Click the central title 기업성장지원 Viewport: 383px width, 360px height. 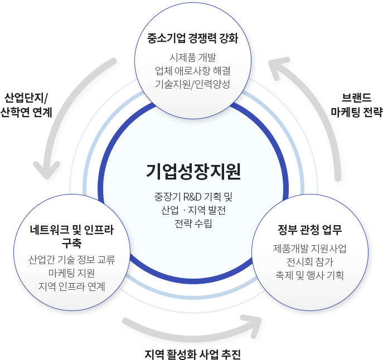[x=193, y=172]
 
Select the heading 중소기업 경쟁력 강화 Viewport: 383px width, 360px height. [x=193, y=38]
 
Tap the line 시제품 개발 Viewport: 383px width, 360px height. [x=193, y=57]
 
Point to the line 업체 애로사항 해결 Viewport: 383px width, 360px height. [x=193, y=71]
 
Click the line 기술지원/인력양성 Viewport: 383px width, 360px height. [x=193, y=84]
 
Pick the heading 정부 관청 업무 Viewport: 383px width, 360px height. [x=310, y=230]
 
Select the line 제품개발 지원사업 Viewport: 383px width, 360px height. [x=310, y=249]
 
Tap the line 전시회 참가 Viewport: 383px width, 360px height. [x=310, y=262]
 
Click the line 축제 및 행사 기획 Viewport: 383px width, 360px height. [x=310, y=275]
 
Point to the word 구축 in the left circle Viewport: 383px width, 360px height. [x=71, y=243]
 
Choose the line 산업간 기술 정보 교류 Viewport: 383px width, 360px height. [x=71, y=260]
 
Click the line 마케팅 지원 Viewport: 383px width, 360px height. [x=71, y=273]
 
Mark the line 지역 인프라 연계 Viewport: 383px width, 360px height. [x=71, y=286]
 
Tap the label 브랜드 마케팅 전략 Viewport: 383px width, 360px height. [x=356, y=105]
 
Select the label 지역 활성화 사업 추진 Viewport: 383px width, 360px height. [x=193, y=354]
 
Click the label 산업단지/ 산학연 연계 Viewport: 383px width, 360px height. [x=26, y=105]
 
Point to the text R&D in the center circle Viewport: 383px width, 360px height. [x=192, y=197]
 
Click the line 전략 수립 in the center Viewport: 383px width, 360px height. [x=193, y=223]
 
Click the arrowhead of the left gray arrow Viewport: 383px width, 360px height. [x=47, y=170]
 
